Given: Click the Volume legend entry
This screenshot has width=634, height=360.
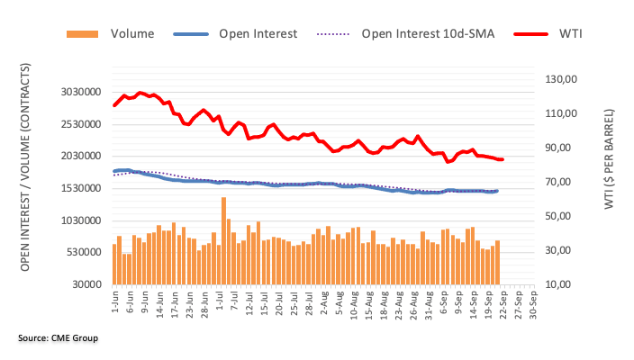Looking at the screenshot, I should pyautogui.click(x=132, y=34).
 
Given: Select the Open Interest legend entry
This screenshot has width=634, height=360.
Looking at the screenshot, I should pyautogui.click(x=258, y=34).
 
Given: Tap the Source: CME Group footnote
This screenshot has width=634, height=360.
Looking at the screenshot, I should pyautogui.click(x=57, y=338).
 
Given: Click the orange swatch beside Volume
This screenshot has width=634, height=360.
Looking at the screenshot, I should pyautogui.click(x=84, y=34).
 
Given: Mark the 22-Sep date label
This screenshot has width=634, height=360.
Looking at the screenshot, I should pyautogui.click(x=502, y=305).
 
